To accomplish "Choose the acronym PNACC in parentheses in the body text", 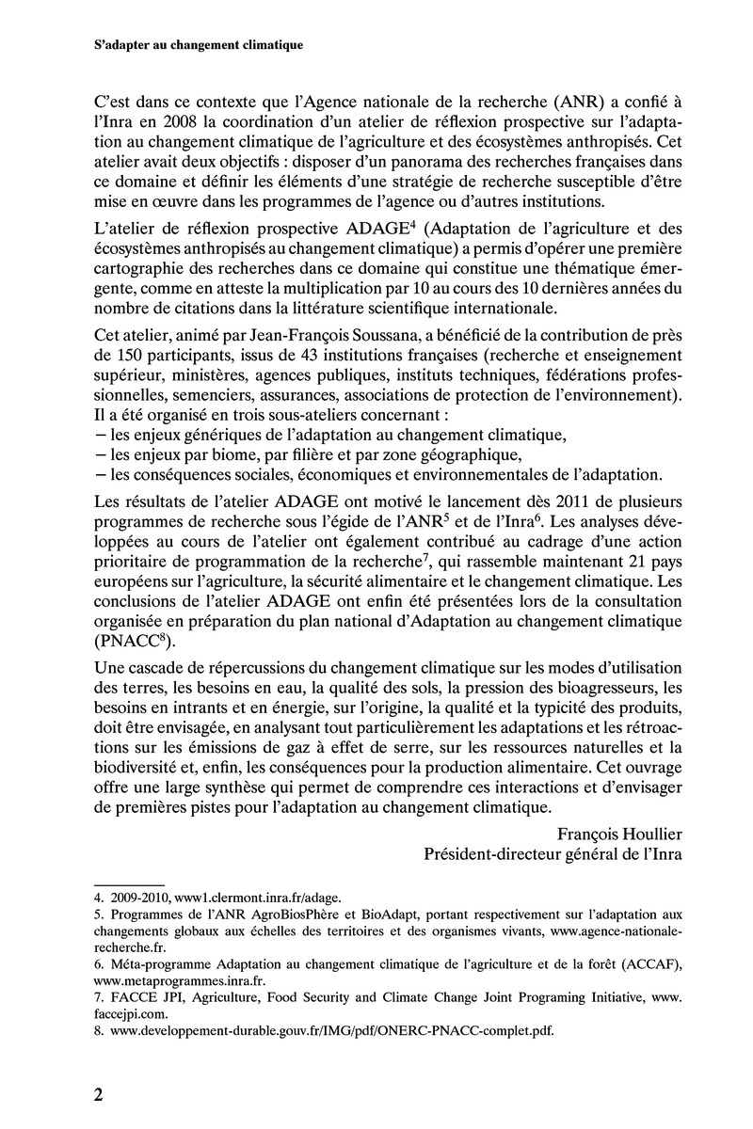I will (x=128, y=643).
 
